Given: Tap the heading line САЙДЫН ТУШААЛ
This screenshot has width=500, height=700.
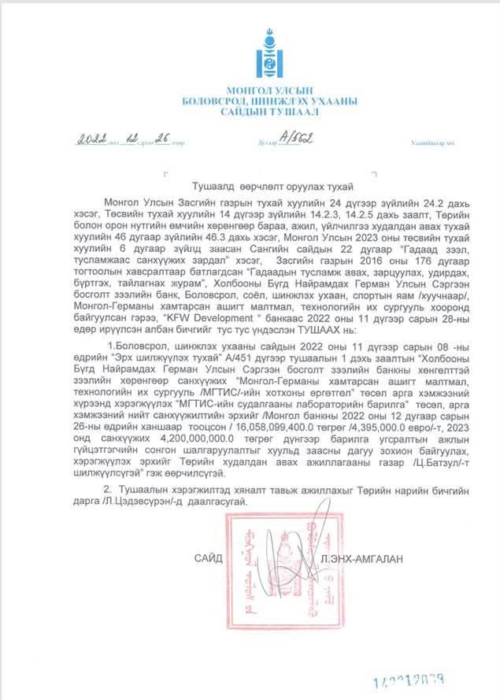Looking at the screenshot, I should pos(269,112).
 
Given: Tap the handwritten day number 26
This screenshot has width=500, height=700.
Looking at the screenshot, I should pos(162,140).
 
